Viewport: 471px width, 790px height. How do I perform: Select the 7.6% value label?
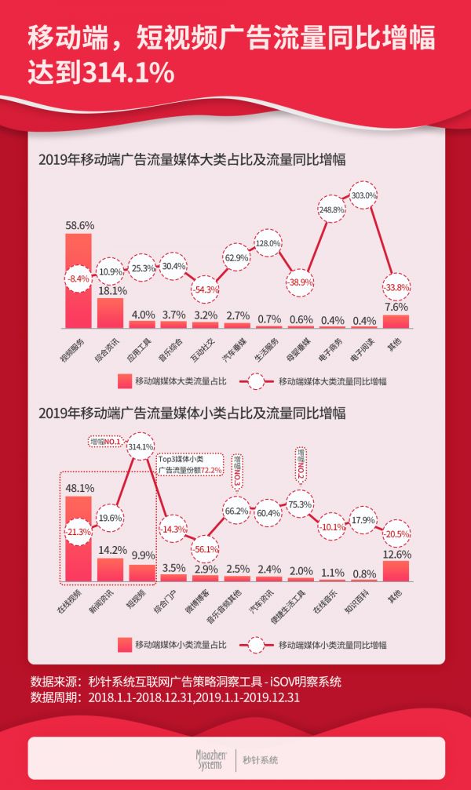(x=396, y=306)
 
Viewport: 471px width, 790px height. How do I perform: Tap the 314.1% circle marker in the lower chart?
(x=141, y=446)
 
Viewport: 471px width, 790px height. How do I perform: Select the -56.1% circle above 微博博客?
(x=206, y=549)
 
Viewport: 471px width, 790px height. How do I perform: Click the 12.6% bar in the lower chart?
(x=396, y=570)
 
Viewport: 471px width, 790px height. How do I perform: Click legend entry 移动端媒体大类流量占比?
(x=172, y=381)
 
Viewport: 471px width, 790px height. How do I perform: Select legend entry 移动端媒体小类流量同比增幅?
(x=322, y=645)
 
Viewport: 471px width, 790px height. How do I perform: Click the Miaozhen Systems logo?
(x=210, y=759)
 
